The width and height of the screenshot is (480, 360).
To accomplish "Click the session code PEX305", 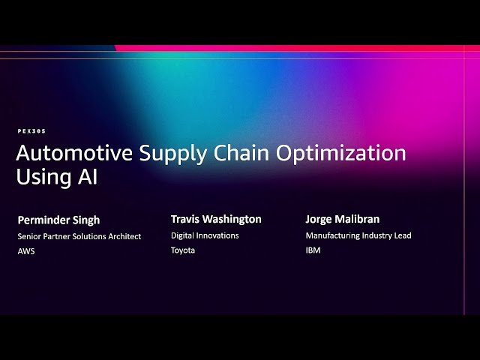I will [x=31, y=131].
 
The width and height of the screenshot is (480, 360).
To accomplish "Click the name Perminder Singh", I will [x=58, y=220].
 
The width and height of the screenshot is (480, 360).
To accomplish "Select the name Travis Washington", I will [x=216, y=220].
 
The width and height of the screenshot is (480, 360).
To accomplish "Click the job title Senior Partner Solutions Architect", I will [x=79, y=236].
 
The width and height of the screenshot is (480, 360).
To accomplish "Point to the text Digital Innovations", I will [x=205, y=235].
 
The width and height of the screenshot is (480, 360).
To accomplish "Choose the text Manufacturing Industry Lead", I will [x=358, y=235].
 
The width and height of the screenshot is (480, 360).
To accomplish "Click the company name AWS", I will [x=26, y=251].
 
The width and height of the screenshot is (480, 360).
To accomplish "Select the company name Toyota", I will [x=182, y=250].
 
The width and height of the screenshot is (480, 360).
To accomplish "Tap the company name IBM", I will [x=313, y=250].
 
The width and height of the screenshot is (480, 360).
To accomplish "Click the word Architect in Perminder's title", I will [x=124, y=236].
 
